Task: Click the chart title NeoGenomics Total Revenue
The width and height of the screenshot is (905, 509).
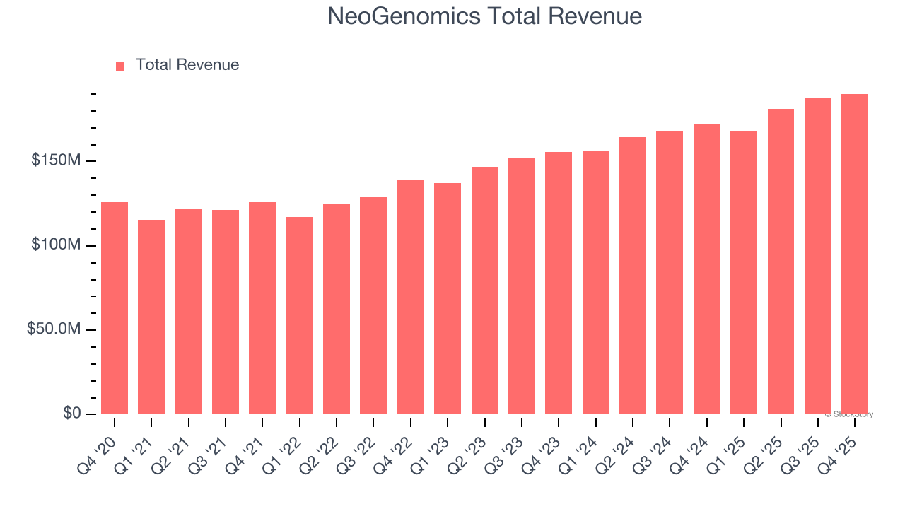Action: [x=484, y=16]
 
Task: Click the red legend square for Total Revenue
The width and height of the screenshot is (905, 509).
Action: [x=120, y=66]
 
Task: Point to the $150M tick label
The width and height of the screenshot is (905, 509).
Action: [x=56, y=160]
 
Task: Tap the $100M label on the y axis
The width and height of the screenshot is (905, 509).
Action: [x=56, y=245]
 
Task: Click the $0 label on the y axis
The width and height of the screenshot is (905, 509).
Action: [x=71, y=413]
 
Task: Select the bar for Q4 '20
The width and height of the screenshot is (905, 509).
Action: [x=115, y=308]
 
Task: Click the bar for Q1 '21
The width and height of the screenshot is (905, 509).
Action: [x=151, y=317]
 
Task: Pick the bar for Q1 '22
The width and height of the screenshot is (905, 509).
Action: [x=300, y=315]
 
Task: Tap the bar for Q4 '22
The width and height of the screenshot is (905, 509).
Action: [x=411, y=297]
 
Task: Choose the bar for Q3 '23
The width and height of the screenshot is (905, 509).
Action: [x=522, y=286]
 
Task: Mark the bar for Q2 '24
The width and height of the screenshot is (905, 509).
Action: [x=633, y=276]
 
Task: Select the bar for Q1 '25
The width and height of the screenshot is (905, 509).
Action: [x=744, y=272]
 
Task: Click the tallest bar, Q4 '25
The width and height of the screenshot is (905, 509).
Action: [x=855, y=255]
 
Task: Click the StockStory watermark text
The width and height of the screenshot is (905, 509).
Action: [x=849, y=414]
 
